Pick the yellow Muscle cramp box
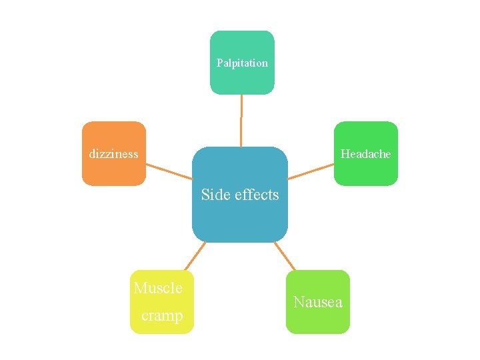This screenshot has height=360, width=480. pyautogui.click(x=162, y=301)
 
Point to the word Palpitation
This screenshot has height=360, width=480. pyautogui.click(x=242, y=63)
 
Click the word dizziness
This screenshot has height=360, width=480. pyautogui.click(x=114, y=154)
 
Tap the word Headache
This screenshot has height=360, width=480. pyautogui.click(x=365, y=154)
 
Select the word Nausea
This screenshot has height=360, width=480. pyautogui.click(x=318, y=302)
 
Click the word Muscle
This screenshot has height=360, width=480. pyautogui.click(x=158, y=288)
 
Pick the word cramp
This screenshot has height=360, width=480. pyautogui.click(x=162, y=315)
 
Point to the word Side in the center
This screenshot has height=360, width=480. pyautogui.click(x=215, y=195)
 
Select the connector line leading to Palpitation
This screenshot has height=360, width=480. pyautogui.click(x=241, y=120)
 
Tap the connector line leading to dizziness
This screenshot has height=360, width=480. pyautogui.click(x=169, y=171)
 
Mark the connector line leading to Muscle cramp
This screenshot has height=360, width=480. pyautogui.click(x=194, y=256)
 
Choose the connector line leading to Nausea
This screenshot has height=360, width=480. pyautogui.click(x=285, y=255)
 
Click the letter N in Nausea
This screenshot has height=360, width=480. pyautogui.click(x=299, y=302)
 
